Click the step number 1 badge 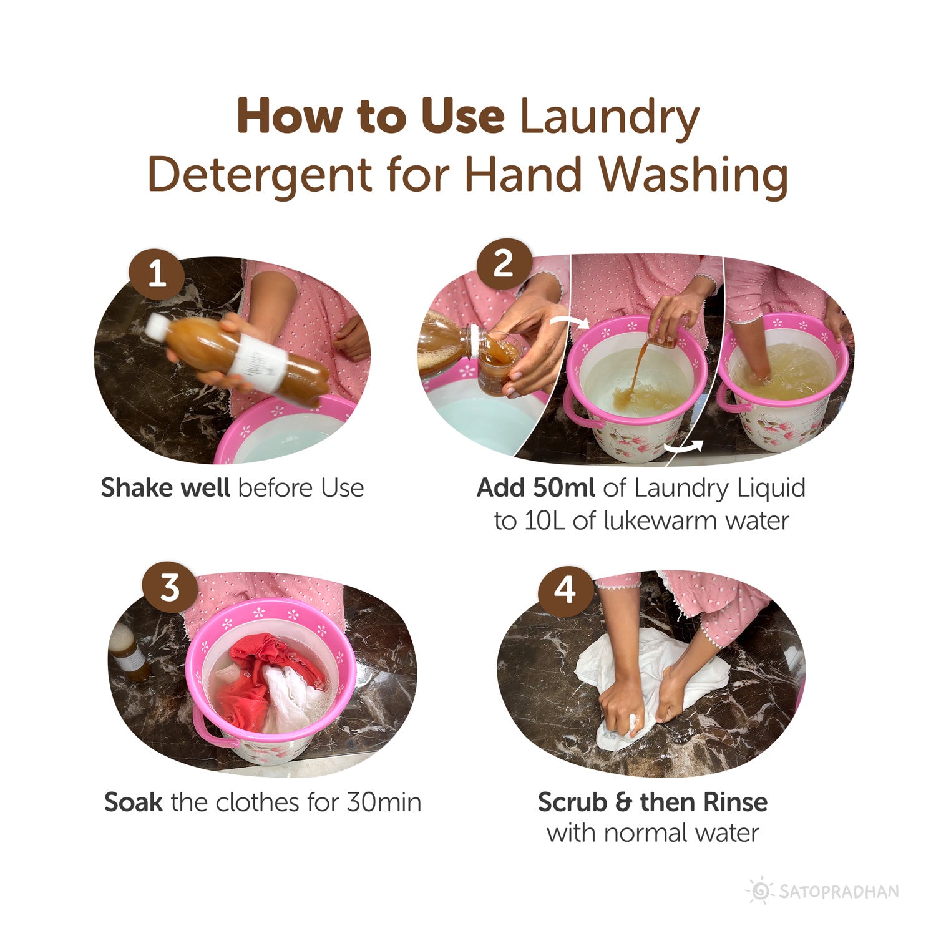[157, 274]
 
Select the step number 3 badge [170, 587]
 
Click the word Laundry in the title [609, 117]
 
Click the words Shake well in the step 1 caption [165, 488]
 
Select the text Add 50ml [535, 488]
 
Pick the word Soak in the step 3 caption [133, 802]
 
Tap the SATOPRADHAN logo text [838, 891]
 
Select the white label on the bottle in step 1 [256, 361]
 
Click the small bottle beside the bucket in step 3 [130, 652]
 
